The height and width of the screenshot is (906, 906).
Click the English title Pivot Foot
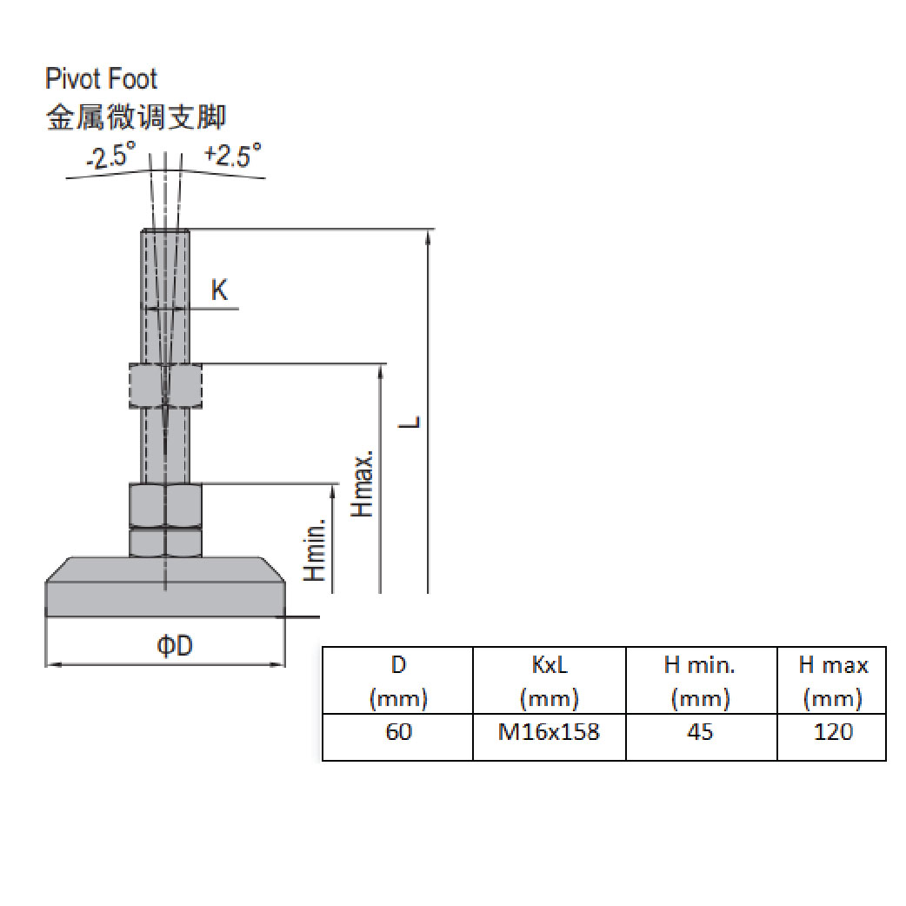tap(101, 78)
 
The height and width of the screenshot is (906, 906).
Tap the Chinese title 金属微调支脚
tap(136, 117)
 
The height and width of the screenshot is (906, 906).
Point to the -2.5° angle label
tap(111, 155)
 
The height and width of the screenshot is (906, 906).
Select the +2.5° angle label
tap(233, 155)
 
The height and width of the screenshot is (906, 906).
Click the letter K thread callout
tap(220, 290)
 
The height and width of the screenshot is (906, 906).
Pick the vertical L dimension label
tap(410, 421)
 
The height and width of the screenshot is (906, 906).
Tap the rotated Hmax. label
tap(363, 484)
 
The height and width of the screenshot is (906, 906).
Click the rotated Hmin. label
tap(315, 550)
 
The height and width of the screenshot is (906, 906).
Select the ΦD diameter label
tap(175, 645)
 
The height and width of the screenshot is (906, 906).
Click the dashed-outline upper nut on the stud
tap(166, 385)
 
